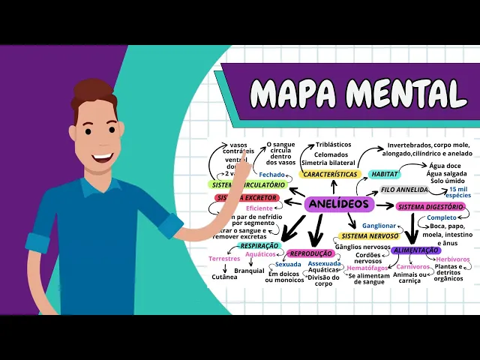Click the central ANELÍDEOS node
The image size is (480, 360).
click(x=340, y=204)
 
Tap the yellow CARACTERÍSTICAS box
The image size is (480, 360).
click(x=329, y=174)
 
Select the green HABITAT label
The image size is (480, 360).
click(x=385, y=174)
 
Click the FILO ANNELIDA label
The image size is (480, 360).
click(x=404, y=190)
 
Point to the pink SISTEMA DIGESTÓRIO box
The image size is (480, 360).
click(x=430, y=206)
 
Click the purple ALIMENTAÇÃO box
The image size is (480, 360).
click(x=415, y=250)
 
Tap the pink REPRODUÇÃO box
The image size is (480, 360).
click(x=310, y=253)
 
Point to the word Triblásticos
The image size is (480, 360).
click(x=334, y=144)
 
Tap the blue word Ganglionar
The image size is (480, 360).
click(x=379, y=225)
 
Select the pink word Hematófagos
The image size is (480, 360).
click(x=367, y=268)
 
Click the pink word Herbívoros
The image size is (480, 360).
click(x=453, y=259)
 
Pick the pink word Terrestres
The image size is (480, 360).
click(x=224, y=259)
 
